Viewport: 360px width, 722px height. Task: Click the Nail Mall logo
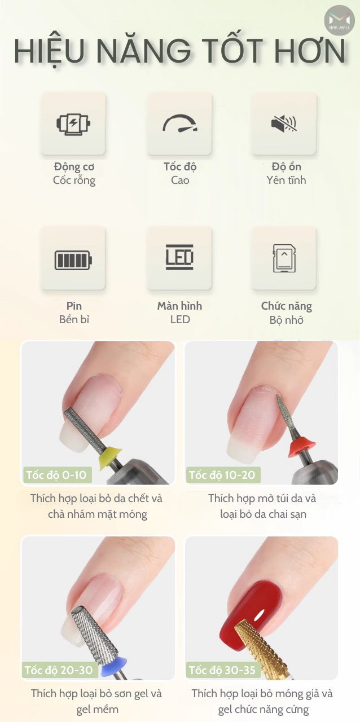click(339, 20)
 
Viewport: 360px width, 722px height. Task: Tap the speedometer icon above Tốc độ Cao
click(179, 124)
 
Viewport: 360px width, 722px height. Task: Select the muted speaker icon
click(284, 123)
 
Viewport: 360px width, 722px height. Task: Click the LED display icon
click(179, 257)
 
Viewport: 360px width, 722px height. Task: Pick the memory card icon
click(284, 258)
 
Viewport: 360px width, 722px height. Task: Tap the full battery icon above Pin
click(73, 260)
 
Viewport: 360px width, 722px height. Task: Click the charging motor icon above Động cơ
click(73, 123)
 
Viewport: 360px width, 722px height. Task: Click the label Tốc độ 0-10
click(57, 474)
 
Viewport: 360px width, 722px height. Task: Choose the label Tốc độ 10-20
click(222, 474)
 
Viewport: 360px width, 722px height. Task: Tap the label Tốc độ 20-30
click(58, 670)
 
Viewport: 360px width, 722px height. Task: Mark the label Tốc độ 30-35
click(222, 670)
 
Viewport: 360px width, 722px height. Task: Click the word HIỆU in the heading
click(49, 51)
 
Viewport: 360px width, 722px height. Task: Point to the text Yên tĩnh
click(286, 180)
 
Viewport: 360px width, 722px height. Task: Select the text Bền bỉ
click(74, 319)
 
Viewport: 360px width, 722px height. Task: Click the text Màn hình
click(179, 306)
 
